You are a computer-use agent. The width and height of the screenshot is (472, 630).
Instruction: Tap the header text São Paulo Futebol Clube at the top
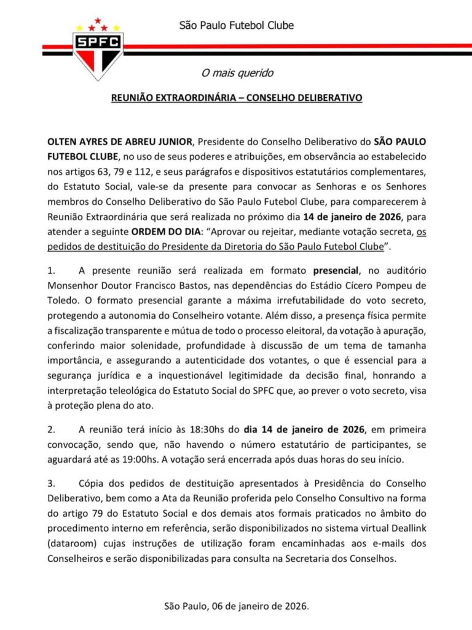[236, 25]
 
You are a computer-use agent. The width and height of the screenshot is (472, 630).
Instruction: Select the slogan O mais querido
[237, 73]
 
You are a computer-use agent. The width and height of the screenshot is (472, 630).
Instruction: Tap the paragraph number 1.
[52, 271]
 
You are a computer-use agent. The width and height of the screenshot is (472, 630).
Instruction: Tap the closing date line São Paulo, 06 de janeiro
[237, 606]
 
